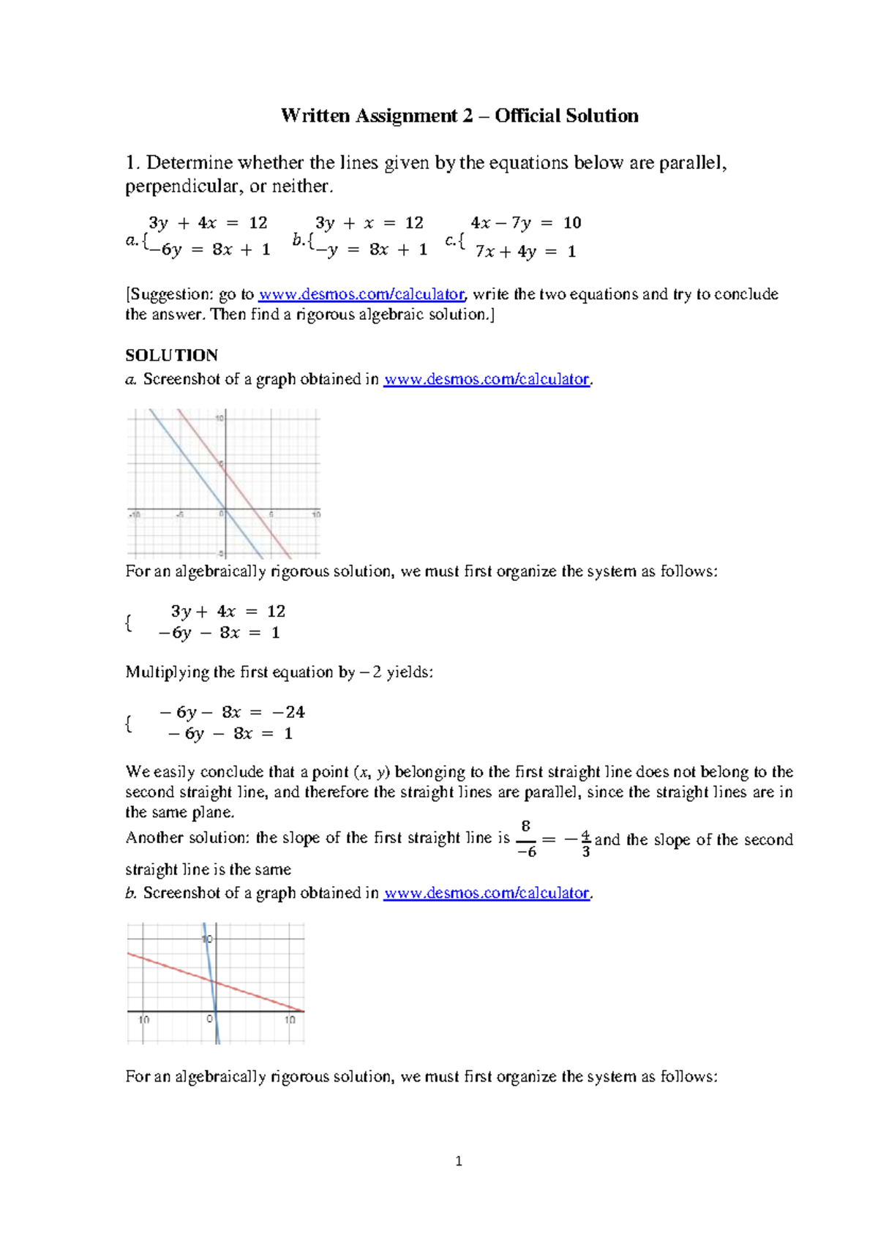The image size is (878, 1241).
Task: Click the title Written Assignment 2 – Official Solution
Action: click(x=459, y=116)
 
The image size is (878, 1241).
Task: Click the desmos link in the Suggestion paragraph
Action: click(x=361, y=294)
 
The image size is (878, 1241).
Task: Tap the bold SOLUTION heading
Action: click(x=171, y=356)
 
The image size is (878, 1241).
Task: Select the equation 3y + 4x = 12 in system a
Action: click(x=208, y=222)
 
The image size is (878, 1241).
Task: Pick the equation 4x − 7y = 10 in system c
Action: click(x=525, y=222)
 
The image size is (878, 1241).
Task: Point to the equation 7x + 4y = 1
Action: click(x=525, y=252)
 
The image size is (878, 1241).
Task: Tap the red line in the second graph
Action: click(x=256, y=996)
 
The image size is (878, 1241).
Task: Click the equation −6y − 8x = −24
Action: click(x=233, y=712)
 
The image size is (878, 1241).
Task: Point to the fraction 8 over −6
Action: click(x=526, y=839)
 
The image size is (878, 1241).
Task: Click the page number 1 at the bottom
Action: click(x=459, y=1161)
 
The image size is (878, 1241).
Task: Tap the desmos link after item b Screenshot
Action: click(x=487, y=893)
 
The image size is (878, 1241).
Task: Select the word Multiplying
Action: click(x=168, y=672)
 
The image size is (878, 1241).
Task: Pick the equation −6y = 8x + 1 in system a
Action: click(x=209, y=250)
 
